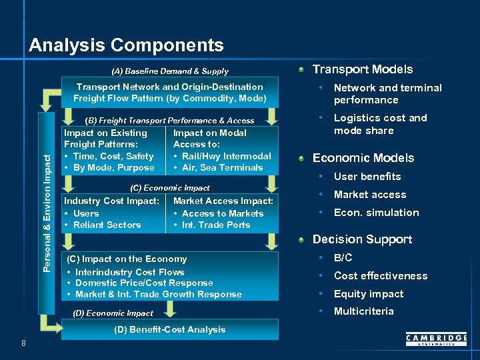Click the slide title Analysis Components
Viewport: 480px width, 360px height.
[126, 45]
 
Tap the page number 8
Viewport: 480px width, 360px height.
[23, 343]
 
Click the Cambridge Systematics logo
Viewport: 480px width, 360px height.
[436, 340]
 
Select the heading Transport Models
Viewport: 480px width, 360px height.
[363, 69]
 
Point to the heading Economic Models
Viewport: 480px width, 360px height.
[363, 158]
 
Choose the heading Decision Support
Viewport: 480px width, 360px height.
[362, 239]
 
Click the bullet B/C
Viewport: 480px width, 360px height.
[343, 258]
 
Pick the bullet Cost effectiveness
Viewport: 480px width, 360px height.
[380, 276]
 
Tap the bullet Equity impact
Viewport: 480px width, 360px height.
[368, 294]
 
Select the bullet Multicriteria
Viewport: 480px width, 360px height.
[363, 311]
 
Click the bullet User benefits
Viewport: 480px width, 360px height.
[367, 177]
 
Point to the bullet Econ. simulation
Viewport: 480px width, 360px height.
[376, 213]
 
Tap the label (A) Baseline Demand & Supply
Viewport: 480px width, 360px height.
[169, 71]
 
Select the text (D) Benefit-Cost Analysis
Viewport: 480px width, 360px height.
[169, 329]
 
